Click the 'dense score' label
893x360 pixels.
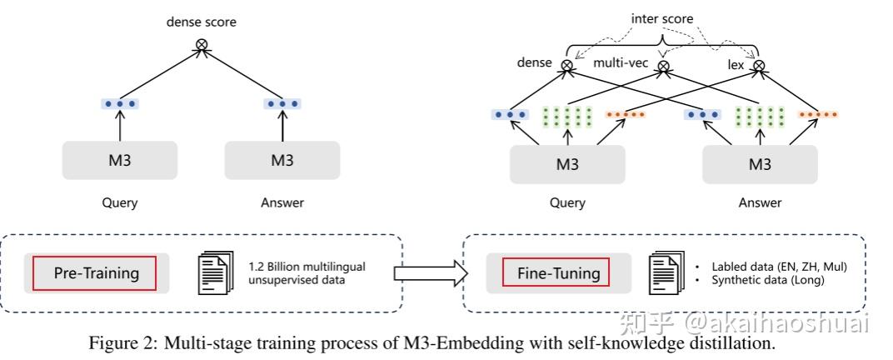201,22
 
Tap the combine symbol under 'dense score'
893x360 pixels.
201,43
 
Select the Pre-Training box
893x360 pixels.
97,273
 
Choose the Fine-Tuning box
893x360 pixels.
559,273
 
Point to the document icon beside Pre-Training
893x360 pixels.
215,273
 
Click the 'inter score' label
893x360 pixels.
661,19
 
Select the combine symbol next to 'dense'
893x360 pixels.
566,66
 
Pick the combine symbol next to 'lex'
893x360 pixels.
758,66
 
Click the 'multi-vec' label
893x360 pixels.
621,62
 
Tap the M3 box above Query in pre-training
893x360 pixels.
120,160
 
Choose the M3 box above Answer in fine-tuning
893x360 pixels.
760,164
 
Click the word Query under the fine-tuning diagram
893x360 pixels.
567,202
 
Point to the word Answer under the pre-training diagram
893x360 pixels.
282,202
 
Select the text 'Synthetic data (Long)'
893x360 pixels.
768,280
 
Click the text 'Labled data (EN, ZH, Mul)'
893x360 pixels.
780,266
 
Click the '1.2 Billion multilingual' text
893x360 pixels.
307,266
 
